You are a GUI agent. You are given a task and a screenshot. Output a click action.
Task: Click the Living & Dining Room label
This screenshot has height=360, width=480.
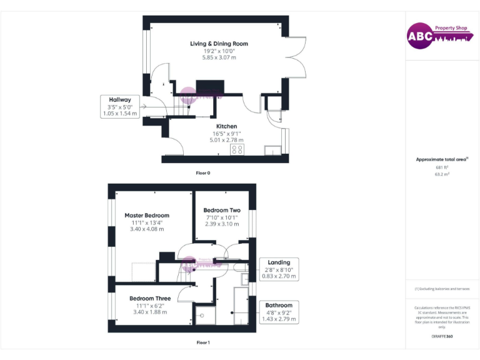pyautogui.click(x=219, y=44)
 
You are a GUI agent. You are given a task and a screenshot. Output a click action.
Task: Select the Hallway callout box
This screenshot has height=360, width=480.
pyautogui.click(x=120, y=106)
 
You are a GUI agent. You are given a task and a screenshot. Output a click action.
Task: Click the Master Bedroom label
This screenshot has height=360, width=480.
pyautogui.click(x=146, y=216)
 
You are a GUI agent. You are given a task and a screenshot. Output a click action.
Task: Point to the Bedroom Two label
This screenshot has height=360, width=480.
pyautogui.click(x=222, y=210)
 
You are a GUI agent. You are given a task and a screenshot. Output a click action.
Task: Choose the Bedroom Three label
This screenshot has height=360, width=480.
pyautogui.click(x=150, y=299)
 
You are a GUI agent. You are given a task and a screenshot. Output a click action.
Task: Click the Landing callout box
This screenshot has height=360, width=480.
pyautogui.click(x=279, y=269)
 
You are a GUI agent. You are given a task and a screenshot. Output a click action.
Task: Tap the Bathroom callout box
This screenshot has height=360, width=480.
pyautogui.click(x=279, y=312)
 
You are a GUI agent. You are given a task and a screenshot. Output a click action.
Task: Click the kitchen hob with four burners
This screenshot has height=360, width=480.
pyautogui.click(x=237, y=149)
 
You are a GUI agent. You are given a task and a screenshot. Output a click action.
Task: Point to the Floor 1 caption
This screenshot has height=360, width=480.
pyautogui.click(x=203, y=342)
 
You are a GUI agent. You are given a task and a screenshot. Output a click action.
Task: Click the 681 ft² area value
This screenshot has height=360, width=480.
pyautogui.click(x=442, y=167)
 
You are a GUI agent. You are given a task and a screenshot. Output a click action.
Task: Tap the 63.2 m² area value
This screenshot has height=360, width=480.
pyautogui.click(x=442, y=174)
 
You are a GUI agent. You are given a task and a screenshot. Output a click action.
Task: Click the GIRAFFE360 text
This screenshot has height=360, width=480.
pyautogui.click(x=442, y=336)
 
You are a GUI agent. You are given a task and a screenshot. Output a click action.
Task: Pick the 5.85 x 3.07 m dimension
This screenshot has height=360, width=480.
pyautogui.click(x=219, y=57)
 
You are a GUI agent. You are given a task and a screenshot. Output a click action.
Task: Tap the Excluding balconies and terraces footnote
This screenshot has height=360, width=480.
pyautogui.click(x=442, y=289)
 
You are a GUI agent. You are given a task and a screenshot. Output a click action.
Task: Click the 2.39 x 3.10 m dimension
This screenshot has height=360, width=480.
pyautogui.click(x=222, y=224)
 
